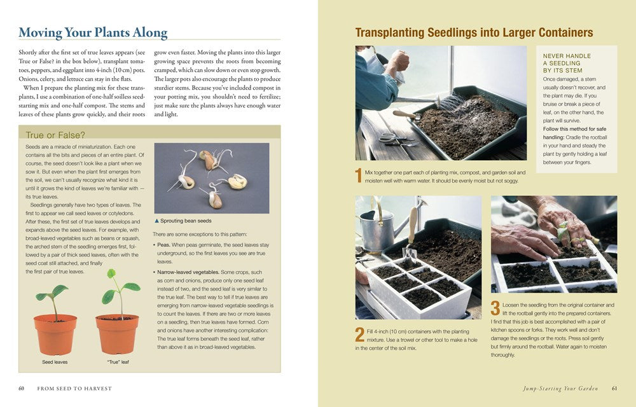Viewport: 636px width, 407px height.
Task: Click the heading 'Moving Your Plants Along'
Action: [x=93, y=32]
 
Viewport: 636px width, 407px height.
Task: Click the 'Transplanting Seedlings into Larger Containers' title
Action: [x=474, y=32]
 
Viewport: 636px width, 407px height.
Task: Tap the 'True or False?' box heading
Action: [x=55, y=134]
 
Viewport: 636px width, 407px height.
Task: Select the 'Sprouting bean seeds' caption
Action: [x=184, y=221]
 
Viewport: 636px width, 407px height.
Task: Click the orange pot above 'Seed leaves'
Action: [x=56, y=331]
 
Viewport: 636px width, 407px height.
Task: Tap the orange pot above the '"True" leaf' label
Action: [x=117, y=333]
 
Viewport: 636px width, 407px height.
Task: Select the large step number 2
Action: [x=360, y=335]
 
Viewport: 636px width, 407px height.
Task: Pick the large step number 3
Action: [x=495, y=308]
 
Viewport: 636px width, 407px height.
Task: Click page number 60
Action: [x=21, y=389]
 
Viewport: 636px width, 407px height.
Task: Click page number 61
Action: [x=614, y=389]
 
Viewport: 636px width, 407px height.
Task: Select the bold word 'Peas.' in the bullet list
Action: [x=167, y=244]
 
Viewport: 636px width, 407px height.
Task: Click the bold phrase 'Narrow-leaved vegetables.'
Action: [x=190, y=271]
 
